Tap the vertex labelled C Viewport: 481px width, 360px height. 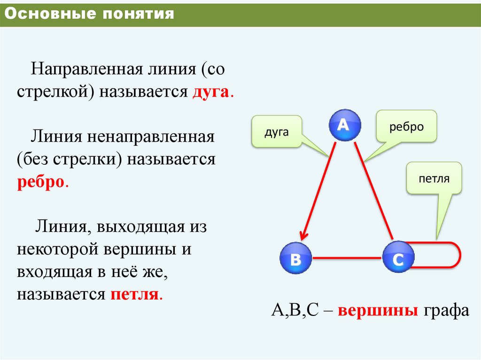398,258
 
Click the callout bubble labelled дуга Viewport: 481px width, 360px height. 276,132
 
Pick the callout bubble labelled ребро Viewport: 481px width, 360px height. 406,127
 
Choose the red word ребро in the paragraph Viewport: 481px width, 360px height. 40,182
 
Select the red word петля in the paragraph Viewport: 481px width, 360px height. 135,295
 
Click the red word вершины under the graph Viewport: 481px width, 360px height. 378,311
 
